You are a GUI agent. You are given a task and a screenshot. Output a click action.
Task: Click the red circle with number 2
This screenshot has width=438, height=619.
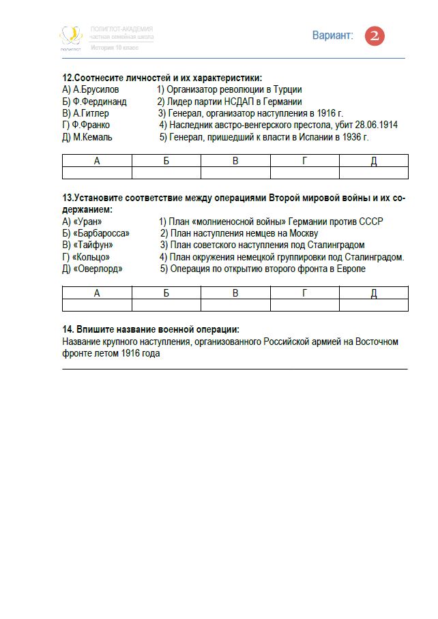[x=375, y=36]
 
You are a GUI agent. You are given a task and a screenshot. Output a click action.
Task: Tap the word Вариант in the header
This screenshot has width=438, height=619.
[x=333, y=35]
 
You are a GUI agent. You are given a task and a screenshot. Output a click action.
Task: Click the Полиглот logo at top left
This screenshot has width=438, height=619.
[x=70, y=37]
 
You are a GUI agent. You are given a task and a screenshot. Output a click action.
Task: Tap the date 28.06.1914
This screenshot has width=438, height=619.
[x=376, y=125]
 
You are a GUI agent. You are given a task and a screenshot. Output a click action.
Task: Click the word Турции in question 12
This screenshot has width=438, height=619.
[x=286, y=89]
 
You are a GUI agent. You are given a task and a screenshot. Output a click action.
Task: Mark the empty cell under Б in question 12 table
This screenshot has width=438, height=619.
[x=166, y=173]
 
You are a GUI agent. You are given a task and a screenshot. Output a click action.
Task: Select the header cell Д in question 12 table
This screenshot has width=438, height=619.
[x=373, y=161]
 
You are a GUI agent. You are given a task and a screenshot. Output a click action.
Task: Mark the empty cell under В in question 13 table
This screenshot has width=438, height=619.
[x=235, y=305]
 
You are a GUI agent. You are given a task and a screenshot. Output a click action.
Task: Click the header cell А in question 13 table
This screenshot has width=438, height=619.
[x=97, y=293]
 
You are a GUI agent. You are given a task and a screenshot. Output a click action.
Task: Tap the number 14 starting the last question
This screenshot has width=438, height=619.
[x=67, y=329]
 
